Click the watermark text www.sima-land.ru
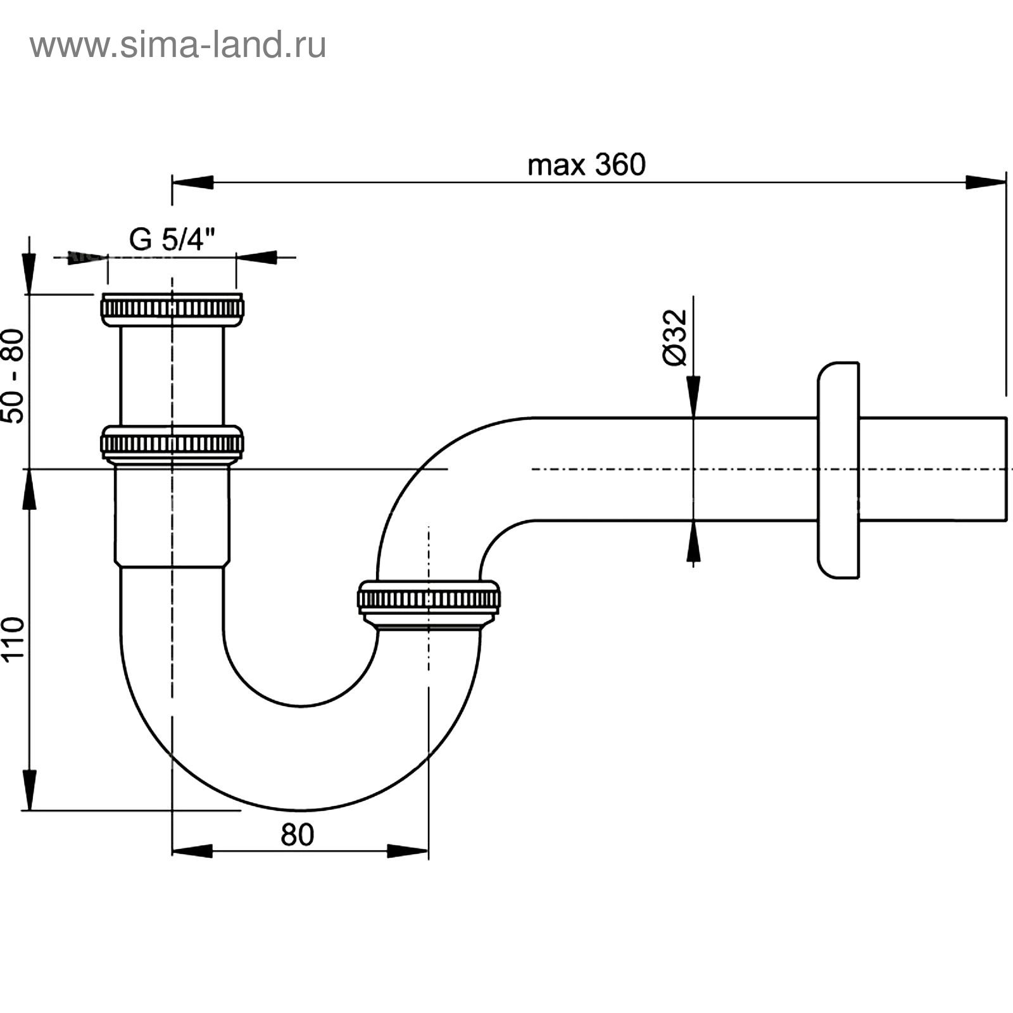[178, 46]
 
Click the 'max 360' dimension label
[586, 165]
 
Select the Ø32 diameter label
[675, 337]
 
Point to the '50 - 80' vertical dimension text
[13, 376]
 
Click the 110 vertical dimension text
[13, 638]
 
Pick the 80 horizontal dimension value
[297, 835]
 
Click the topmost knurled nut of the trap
[172, 310]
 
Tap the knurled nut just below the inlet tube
[172, 443]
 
